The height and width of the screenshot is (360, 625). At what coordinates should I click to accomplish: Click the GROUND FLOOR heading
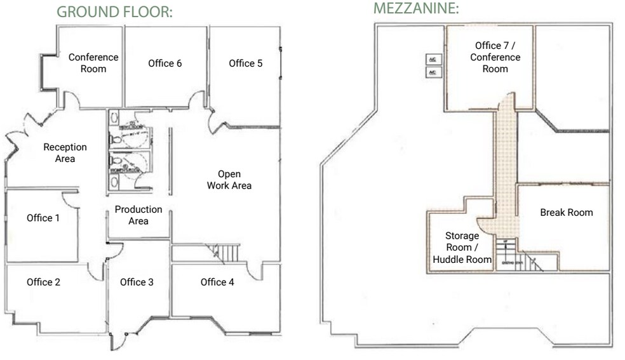coord(114,12)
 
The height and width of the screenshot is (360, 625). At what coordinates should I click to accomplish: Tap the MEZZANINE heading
coord(416,9)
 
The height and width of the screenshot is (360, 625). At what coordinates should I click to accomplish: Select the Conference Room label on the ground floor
coord(93,63)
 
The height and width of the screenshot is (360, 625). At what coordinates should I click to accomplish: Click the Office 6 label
coord(165,63)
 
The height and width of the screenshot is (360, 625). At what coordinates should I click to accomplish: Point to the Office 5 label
coord(246,63)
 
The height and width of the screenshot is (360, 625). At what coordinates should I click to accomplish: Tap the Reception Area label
coord(65,152)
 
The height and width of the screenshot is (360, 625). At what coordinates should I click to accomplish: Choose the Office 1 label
coord(43,218)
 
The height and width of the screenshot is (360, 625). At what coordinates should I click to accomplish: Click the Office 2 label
coord(43,282)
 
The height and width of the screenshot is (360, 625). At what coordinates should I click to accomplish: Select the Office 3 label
coord(137,282)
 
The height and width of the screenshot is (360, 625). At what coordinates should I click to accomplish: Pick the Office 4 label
coord(217,282)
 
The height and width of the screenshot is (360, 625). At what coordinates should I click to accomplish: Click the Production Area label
coord(138,215)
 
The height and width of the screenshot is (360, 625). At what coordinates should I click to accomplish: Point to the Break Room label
coord(566,212)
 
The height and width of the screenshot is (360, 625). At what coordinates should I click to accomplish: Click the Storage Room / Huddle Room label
coord(462,248)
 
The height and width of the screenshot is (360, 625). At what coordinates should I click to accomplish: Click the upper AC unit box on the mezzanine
coord(433,59)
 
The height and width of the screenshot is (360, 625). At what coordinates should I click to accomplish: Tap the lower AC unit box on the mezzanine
coord(433,72)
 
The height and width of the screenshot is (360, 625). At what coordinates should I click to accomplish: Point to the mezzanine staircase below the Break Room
coord(518,260)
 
